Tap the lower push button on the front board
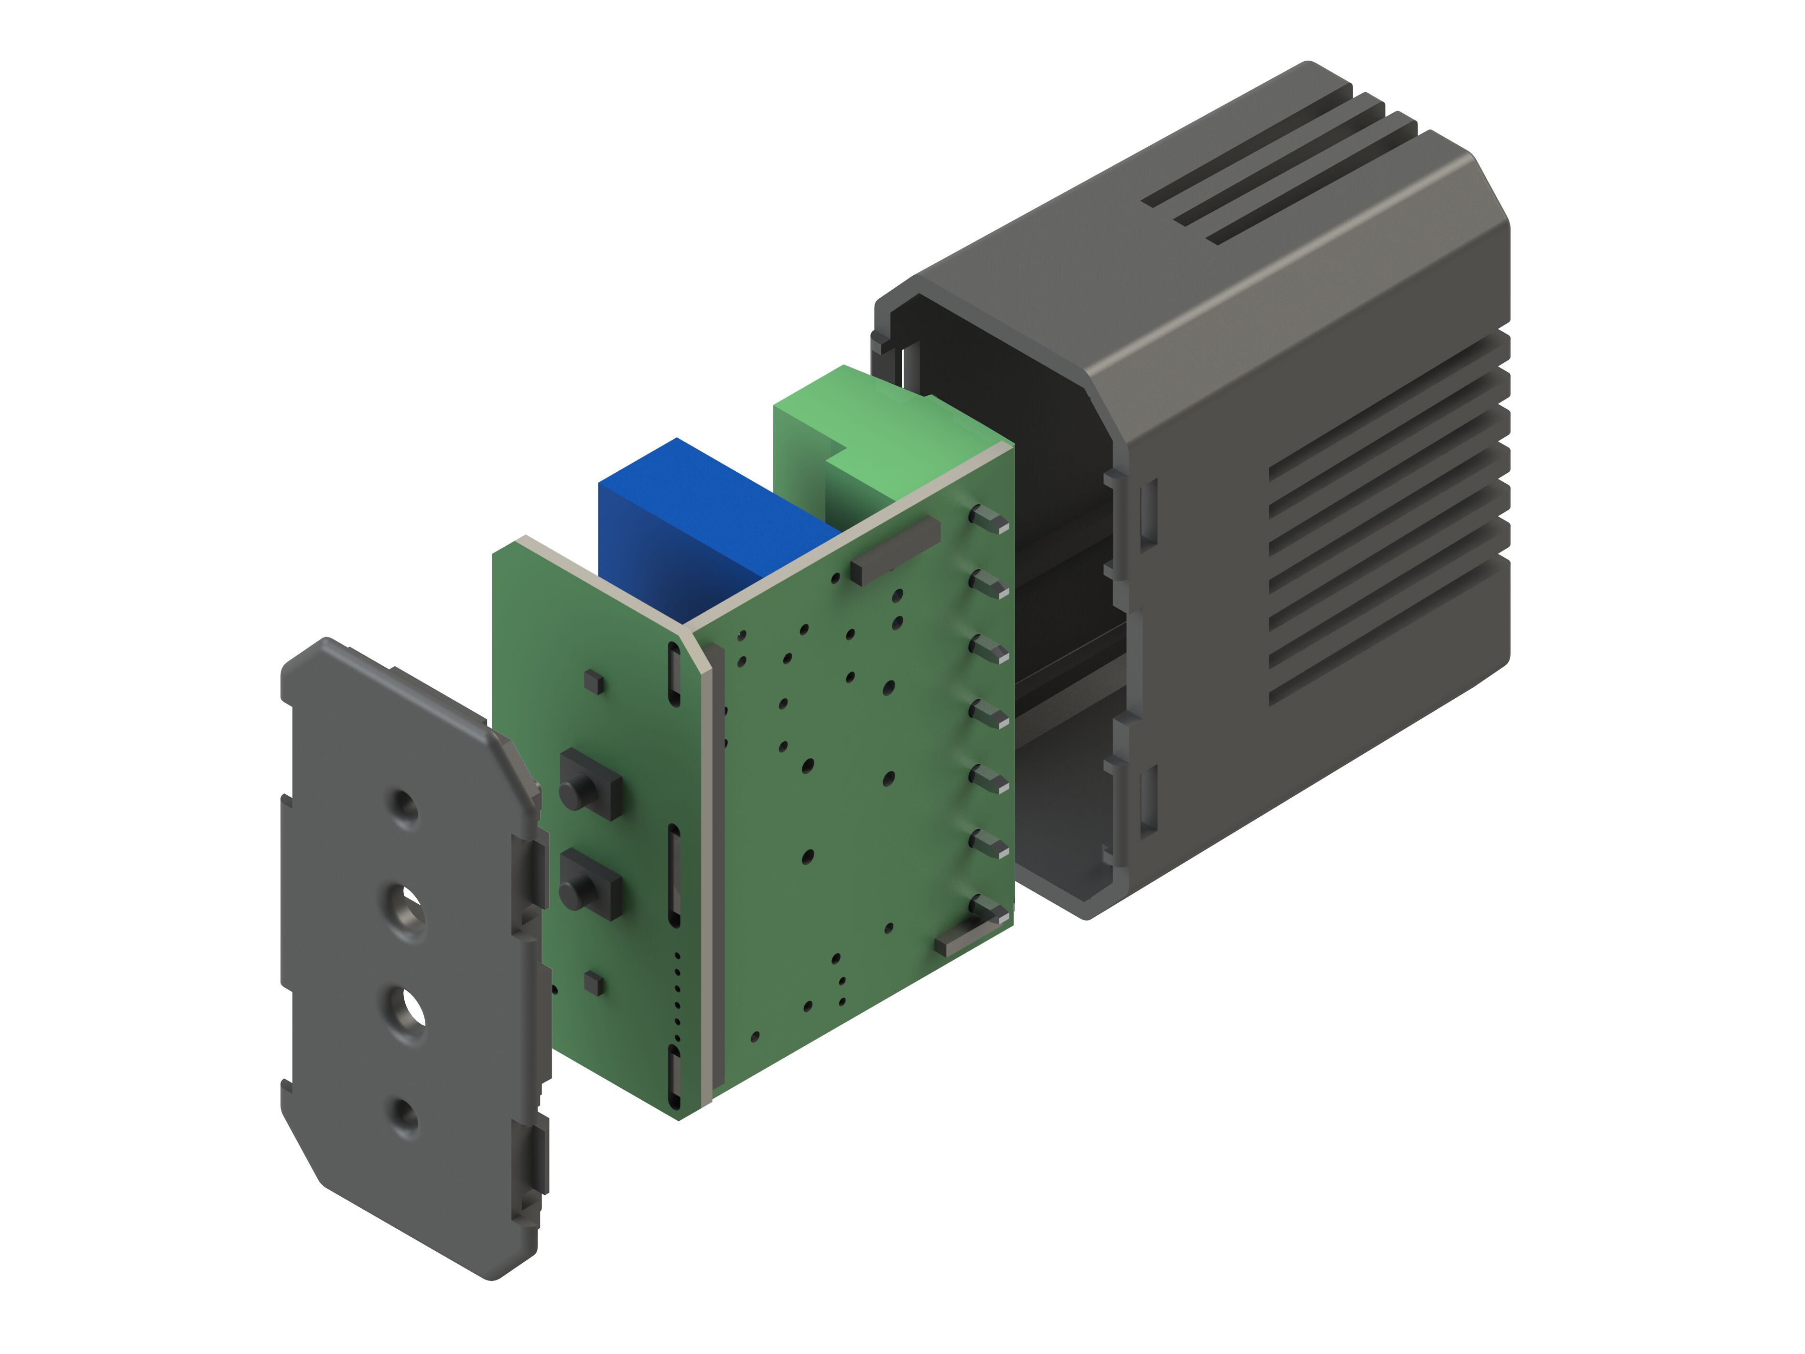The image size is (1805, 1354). pyautogui.click(x=589, y=886)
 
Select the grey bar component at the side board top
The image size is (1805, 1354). pyautogui.click(x=895, y=549)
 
